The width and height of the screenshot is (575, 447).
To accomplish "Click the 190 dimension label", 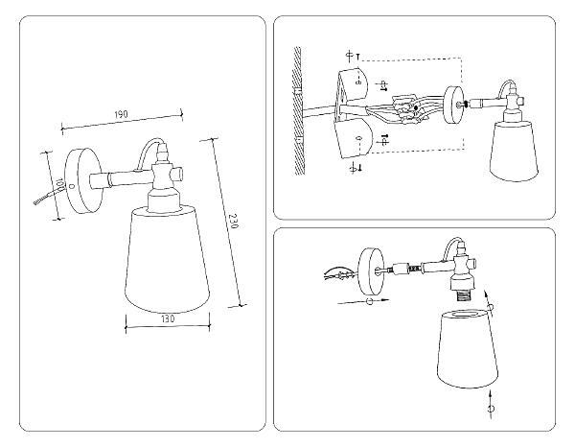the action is point(121,114).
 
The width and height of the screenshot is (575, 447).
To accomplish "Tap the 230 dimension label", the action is point(233,221).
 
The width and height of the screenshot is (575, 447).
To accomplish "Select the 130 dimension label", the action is point(168,318).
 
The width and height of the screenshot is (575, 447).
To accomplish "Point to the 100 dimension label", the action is point(59,184).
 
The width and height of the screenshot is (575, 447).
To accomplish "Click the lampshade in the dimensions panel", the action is point(167,259).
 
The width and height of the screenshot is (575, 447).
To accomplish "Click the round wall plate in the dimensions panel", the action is point(83,180).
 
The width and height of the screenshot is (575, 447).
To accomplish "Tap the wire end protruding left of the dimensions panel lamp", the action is point(43,198).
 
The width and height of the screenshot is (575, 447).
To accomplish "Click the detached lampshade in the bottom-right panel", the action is point(468,348).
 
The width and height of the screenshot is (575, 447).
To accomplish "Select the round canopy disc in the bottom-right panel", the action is point(371,271).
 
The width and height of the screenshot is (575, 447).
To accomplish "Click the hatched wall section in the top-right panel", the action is point(298,110).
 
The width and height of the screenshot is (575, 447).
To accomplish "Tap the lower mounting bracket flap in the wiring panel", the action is point(354,139).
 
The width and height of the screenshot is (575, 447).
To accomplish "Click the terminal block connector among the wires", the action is point(406,109).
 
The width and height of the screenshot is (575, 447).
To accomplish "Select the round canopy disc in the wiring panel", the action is point(453,105).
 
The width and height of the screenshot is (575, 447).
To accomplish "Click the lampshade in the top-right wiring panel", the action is point(514,152).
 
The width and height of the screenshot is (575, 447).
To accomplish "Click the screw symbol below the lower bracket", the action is point(356,168).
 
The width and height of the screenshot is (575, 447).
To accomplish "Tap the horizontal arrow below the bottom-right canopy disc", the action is point(362,301).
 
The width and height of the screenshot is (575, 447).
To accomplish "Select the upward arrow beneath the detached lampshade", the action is point(491,405).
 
